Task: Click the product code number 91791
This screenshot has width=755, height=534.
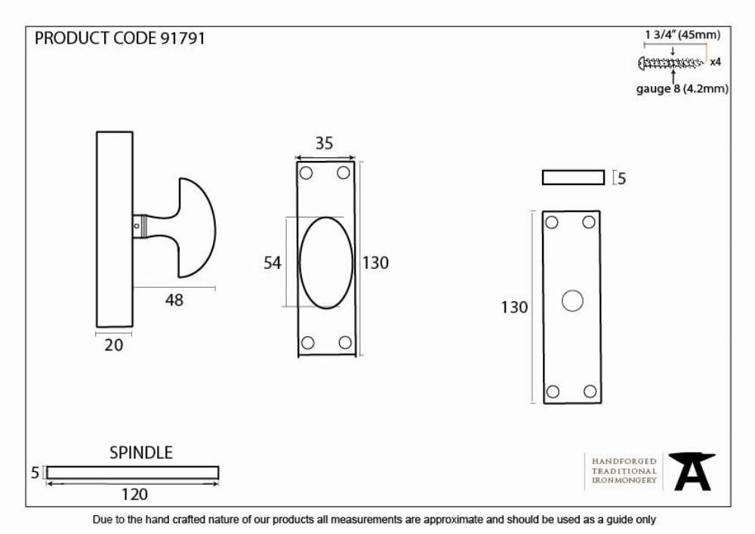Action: pos(183,39)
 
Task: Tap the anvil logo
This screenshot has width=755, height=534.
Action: pos(692,471)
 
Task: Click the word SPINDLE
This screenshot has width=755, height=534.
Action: pos(140,452)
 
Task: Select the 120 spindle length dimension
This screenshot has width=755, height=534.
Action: pos(134,495)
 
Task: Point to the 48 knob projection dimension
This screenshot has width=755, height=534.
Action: pos(174,300)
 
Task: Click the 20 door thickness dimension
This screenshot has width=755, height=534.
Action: pos(114,344)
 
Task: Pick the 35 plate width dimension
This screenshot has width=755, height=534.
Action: pos(324,143)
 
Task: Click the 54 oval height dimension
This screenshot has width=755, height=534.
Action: pos(272,262)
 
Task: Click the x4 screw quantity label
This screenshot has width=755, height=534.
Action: pos(716,62)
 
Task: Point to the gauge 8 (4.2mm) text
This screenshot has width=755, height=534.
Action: pos(682,88)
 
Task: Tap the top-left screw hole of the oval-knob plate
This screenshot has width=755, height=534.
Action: pos(306,172)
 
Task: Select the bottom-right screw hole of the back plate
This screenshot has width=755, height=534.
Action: pos(590,391)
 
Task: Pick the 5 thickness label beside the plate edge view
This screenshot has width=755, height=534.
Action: pos(621,179)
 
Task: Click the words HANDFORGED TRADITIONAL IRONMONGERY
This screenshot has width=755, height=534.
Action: pos(624,471)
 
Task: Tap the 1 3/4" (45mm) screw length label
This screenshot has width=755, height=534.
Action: pos(683,35)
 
